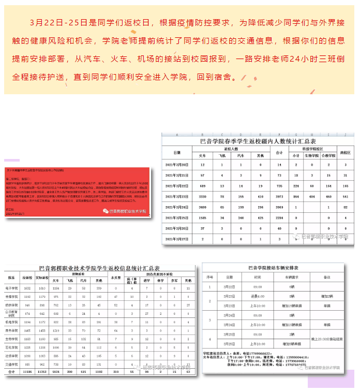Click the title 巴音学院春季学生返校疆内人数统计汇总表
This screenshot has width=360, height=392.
(258, 141)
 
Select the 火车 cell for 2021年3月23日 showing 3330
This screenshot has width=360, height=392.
(202, 196)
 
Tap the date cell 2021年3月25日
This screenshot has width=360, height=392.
(177, 218)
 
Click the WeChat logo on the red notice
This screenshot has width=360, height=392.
(107, 211)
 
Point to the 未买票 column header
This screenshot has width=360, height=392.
(116, 278)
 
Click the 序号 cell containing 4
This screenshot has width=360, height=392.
(209, 339)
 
